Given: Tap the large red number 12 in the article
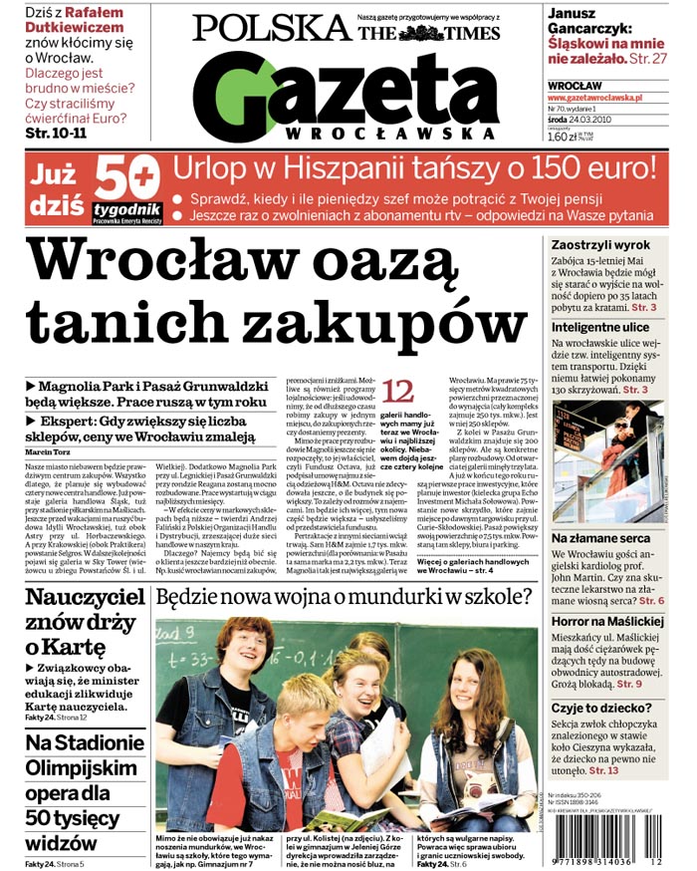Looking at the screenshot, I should (x=398, y=390).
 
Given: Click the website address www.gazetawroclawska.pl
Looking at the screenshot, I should (x=594, y=99).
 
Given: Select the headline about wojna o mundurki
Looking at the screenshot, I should (x=345, y=598).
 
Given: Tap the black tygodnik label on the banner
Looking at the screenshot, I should (x=126, y=208).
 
